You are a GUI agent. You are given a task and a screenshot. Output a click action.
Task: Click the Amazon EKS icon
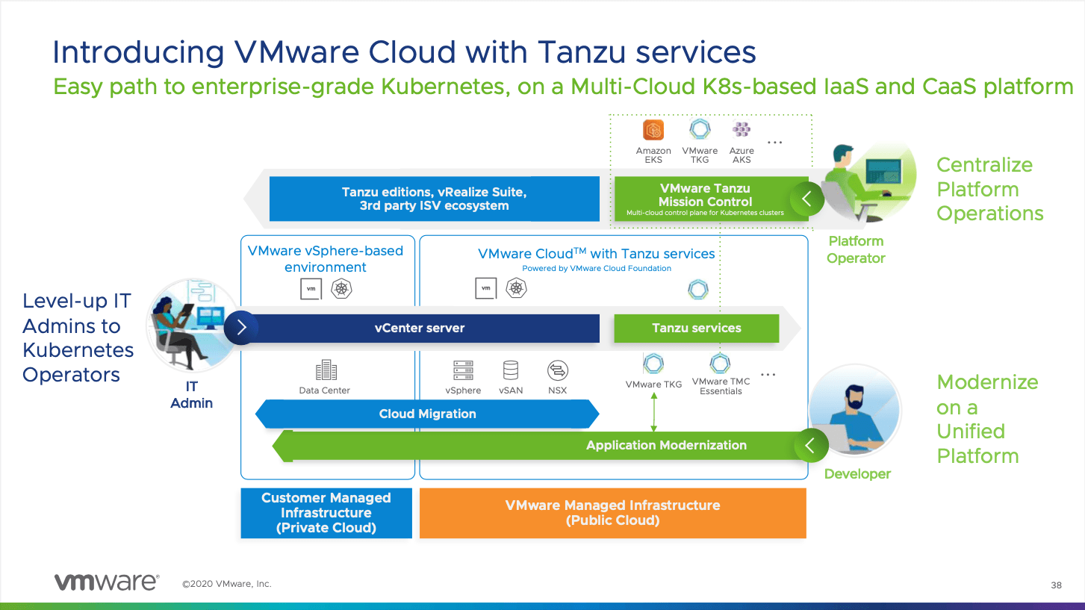[653, 130]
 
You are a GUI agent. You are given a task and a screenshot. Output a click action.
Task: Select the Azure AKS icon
[742, 130]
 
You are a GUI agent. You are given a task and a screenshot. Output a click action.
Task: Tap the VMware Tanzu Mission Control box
[705, 199]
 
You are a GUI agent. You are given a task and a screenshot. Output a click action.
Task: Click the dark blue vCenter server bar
[420, 328]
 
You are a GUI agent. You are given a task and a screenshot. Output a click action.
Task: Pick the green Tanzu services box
[696, 328]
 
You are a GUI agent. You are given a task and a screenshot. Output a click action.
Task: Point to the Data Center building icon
[326, 370]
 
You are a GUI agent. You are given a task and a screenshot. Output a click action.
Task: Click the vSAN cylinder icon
[511, 370]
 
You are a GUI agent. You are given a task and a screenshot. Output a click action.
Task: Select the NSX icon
[557, 370]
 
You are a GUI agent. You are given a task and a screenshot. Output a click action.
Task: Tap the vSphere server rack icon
[464, 370]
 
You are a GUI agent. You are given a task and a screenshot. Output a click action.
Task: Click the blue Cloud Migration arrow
[427, 414]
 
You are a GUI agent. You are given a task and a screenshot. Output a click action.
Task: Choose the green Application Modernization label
[666, 445]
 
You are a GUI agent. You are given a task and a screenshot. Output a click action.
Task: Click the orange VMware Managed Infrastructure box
[612, 513]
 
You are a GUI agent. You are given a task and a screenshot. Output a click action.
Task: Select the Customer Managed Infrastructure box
[326, 513]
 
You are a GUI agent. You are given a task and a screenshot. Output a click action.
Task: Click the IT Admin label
[192, 395]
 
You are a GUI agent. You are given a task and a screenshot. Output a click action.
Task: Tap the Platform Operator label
[856, 249]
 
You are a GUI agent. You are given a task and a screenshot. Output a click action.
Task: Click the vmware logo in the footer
[106, 582]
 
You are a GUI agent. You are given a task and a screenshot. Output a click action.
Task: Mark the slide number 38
[1056, 585]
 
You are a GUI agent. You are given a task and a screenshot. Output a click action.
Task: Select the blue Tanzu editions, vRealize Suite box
[434, 199]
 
